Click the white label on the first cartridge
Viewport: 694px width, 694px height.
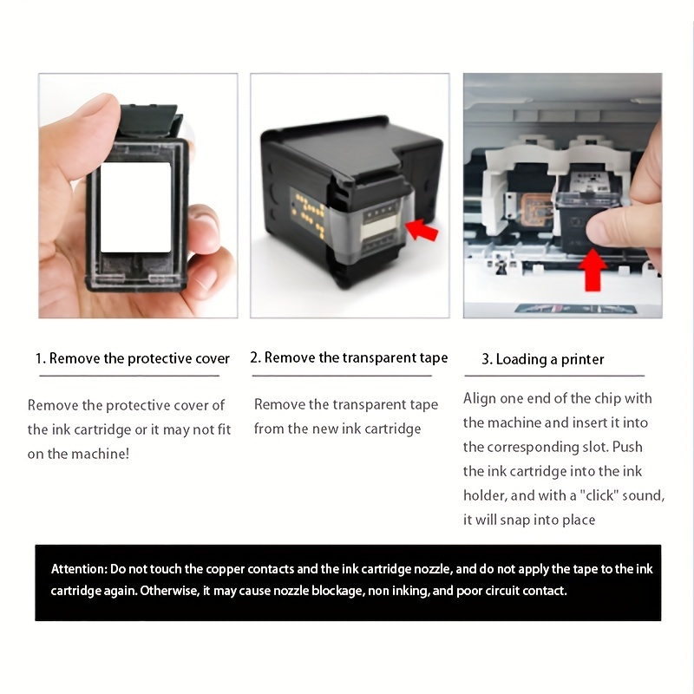pyautogui.click(x=136, y=207)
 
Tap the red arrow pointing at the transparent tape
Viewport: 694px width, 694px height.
pyautogui.click(x=422, y=229)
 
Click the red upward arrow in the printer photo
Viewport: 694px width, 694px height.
pyautogui.click(x=593, y=270)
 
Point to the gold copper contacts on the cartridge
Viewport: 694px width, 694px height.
pyautogui.click(x=308, y=213)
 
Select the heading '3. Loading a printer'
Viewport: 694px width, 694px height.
pyautogui.click(x=543, y=359)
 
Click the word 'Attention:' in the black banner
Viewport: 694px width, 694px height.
pyautogui.click(x=79, y=569)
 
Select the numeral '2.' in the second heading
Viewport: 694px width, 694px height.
pyautogui.click(x=255, y=357)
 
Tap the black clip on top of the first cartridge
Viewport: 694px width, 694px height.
pyautogui.click(x=150, y=120)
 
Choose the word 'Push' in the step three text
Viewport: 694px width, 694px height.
pyautogui.click(x=627, y=447)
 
